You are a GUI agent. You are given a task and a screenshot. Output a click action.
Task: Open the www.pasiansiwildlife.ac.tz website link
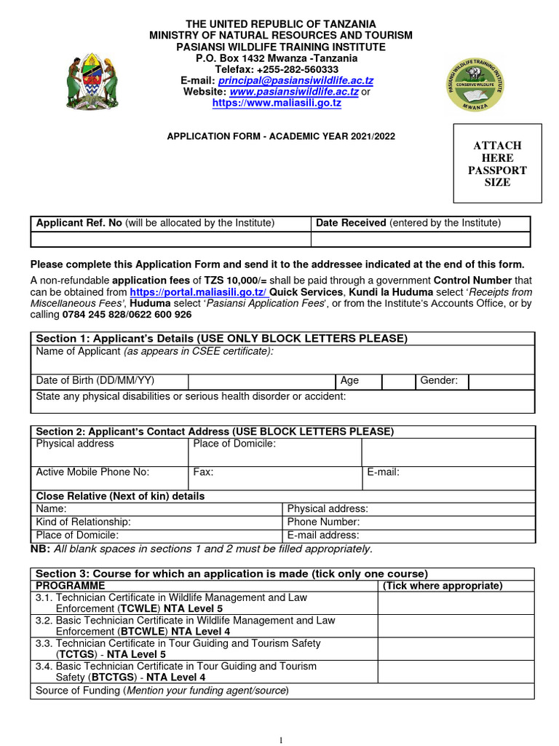tap(294, 92)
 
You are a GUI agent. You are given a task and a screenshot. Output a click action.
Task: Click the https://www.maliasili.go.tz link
tap(277, 103)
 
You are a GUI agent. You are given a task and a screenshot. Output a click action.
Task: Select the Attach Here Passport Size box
tap(498, 164)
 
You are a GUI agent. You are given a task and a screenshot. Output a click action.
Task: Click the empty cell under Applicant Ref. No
tap(170, 240)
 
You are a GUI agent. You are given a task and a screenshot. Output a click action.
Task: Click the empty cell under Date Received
tap(421, 240)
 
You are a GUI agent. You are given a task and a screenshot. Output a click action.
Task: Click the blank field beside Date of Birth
tap(261, 382)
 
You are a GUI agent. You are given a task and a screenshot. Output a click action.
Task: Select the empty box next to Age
tap(397, 382)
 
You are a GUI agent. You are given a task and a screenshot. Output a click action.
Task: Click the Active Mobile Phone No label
tap(92, 472)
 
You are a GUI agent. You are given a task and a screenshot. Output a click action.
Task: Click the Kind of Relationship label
tap(84, 522)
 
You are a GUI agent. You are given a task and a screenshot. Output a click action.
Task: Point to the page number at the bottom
tap(280, 740)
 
